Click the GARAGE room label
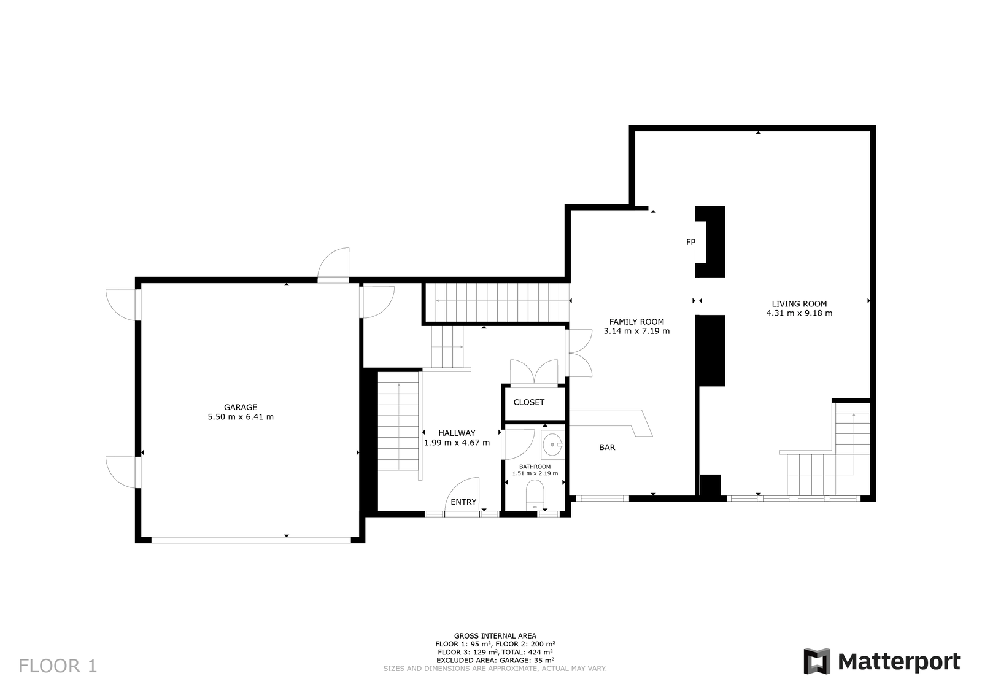240,407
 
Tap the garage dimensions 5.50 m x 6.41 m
240,416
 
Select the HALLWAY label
457,433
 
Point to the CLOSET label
528,402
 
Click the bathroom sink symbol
552,445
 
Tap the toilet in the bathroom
535,495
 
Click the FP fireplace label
690,242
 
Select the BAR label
607,447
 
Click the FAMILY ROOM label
636,322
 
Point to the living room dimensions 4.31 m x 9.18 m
799,313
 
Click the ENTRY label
463,502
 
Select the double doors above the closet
534,372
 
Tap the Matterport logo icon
817,661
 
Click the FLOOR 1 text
58,666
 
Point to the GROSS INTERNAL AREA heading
495,636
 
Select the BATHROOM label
535,467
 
